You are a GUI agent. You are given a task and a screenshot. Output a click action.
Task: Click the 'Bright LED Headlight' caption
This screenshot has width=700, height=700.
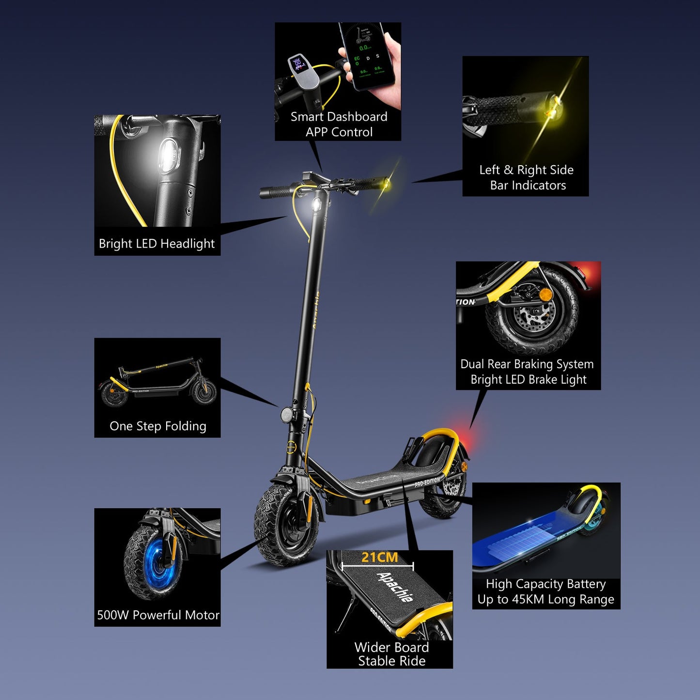[156, 244]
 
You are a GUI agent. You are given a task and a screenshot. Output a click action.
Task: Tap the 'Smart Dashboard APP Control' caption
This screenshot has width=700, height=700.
[339, 124]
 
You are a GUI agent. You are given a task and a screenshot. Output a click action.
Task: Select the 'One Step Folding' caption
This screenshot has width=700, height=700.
[158, 426]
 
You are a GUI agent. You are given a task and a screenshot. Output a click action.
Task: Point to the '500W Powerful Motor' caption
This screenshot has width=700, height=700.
[158, 615]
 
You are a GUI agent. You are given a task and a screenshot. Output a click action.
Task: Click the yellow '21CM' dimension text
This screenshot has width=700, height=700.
[379, 558]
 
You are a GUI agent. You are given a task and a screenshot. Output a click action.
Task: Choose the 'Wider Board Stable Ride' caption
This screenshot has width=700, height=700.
[391, 654]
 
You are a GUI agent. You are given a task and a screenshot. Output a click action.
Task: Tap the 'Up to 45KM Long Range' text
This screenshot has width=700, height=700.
[545, 600]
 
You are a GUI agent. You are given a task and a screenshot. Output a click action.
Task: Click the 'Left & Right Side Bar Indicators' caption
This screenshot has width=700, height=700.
[527, 178]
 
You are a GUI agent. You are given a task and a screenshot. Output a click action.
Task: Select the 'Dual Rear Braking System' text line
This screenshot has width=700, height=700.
[527, 364]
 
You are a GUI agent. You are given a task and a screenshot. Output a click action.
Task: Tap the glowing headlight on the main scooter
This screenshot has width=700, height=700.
[316, 204]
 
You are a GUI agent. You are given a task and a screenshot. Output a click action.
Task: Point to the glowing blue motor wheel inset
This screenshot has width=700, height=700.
[154, 562]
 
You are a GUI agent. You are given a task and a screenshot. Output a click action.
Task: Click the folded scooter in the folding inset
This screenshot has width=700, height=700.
[157, 383]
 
